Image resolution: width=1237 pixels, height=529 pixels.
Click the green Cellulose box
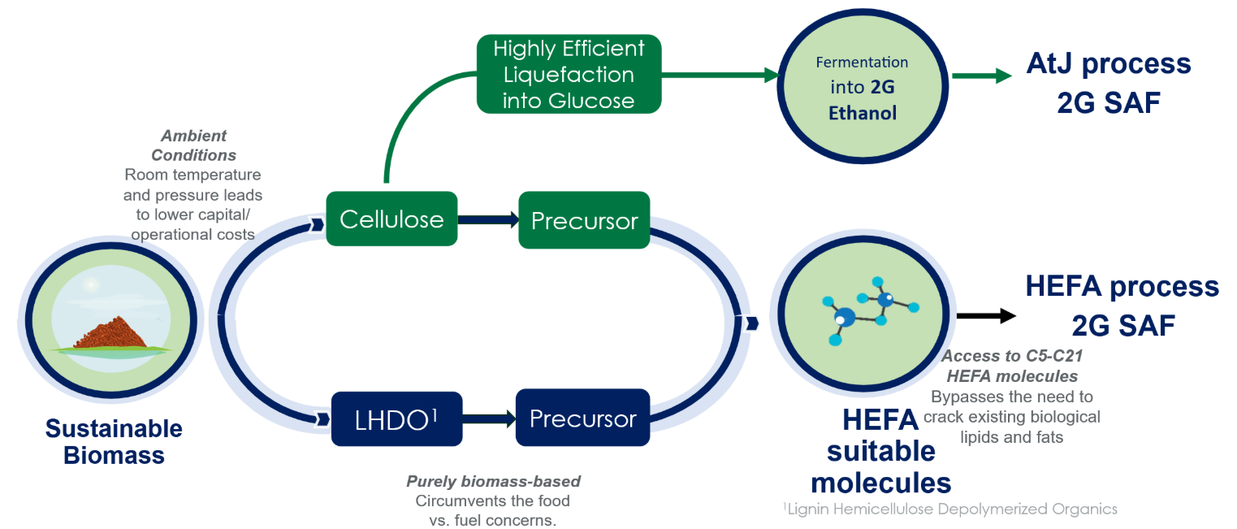[x=391, y=219]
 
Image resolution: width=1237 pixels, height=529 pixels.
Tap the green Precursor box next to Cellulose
[x=584, y=220]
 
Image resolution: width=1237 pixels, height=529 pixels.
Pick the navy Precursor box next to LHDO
[x=582, y=418]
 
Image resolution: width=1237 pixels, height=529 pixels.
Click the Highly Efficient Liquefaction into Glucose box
[x=569, y=74]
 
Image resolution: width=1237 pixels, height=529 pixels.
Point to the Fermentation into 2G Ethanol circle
[x=862, y=87]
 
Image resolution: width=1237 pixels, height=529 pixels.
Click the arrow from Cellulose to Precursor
[x=488, y=219]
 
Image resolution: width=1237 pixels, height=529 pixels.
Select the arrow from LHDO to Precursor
[x=489, y=419]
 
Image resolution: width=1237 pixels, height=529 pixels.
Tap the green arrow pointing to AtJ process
[x=982, y=76]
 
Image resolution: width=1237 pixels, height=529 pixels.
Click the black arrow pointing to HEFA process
[x=986, y=316]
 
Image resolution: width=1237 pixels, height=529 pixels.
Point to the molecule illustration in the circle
[x=864, y=310]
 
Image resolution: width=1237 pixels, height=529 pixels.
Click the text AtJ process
[x=1109, y=63]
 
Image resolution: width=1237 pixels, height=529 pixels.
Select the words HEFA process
[x=1122, y=286]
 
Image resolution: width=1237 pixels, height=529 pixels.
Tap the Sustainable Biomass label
[x=114, y=441]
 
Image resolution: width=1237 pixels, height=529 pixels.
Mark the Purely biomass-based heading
[x=493, y=481]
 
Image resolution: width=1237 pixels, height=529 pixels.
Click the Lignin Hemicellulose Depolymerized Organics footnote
[x=950, y=509]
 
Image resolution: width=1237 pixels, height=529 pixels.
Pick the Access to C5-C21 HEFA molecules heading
[x=1011, y=366]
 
